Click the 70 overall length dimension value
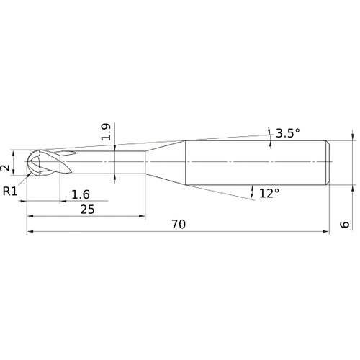point(179,224)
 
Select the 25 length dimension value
point(87,210)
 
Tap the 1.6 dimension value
point(81,194)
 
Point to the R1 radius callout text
point(10,192)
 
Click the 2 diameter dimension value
point(5,168)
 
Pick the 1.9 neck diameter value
point(106,132)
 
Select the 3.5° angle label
point(288,133)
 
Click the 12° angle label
point(269,193)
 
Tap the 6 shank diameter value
point(345,225)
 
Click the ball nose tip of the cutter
point(27,161)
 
